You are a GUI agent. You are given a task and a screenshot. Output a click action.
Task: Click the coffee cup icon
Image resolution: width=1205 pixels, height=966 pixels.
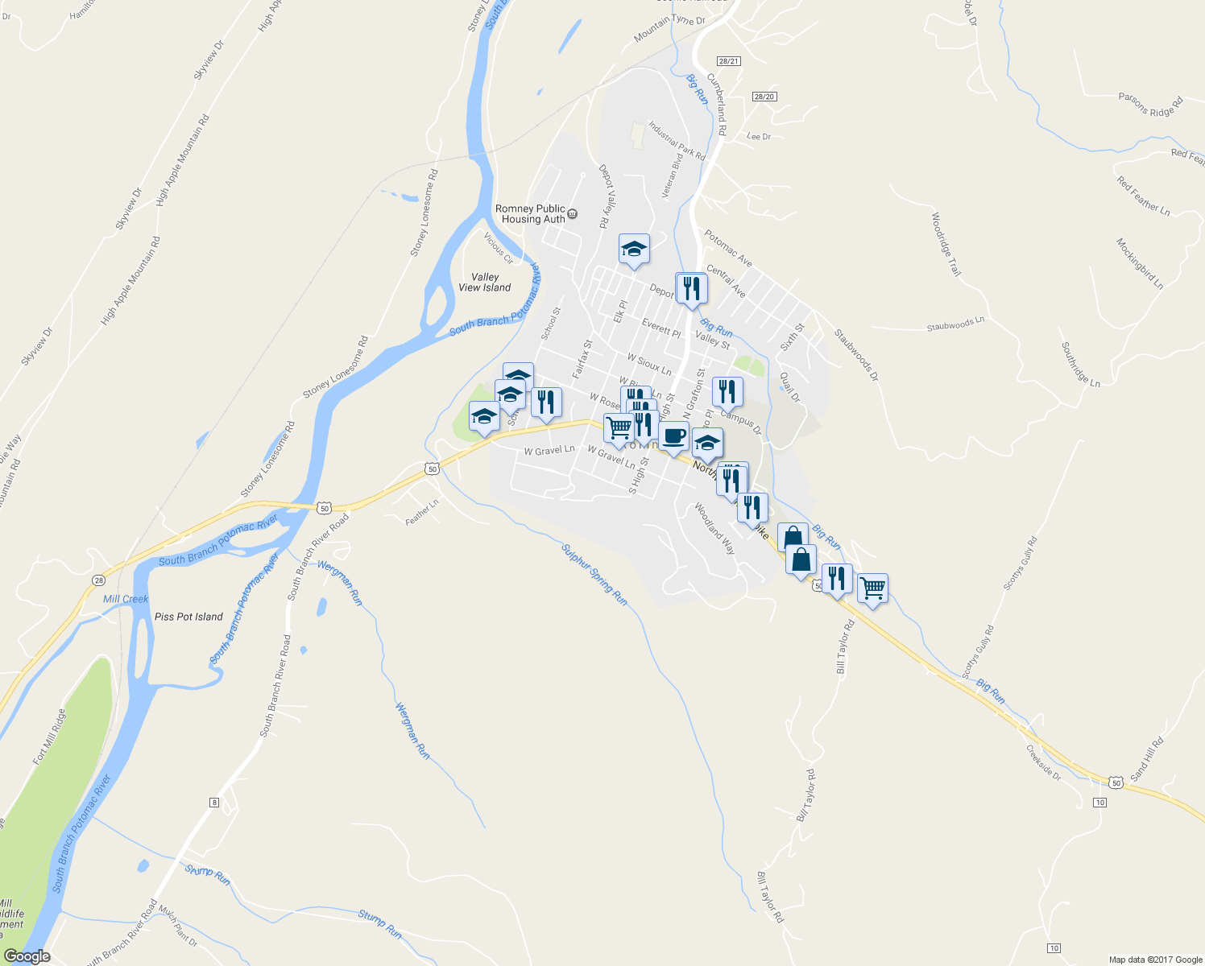673,436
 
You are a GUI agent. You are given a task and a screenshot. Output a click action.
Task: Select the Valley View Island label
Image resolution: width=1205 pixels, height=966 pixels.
484,282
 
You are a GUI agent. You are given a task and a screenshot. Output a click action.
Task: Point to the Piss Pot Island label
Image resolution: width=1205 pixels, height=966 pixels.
188,617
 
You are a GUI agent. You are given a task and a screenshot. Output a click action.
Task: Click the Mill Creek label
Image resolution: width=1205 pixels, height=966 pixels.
126,599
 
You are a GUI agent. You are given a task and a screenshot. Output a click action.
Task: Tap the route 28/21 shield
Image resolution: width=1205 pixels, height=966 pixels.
728,61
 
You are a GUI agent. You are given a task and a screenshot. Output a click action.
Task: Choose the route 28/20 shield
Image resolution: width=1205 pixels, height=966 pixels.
764,97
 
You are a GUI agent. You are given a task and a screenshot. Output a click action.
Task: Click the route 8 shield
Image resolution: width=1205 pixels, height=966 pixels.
213,802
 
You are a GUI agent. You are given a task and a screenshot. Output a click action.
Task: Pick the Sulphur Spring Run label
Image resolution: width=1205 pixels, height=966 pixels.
594,574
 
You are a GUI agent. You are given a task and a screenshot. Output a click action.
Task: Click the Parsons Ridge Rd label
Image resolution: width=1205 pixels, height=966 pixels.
1150,105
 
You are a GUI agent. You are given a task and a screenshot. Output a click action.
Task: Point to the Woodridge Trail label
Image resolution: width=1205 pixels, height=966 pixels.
946,244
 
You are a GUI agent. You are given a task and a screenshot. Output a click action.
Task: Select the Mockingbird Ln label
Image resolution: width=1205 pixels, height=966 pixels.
1139,263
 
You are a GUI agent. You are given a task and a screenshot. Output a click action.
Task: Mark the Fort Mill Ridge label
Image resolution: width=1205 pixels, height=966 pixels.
49,737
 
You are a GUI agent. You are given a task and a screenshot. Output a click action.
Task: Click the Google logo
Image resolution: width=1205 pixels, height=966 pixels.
27,956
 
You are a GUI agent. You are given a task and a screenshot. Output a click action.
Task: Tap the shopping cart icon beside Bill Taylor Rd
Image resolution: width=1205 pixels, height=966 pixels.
872,588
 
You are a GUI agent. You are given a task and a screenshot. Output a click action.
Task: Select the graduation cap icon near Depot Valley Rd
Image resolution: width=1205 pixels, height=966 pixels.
634,249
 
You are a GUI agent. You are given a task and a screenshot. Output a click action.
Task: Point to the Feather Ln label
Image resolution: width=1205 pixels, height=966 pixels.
422,512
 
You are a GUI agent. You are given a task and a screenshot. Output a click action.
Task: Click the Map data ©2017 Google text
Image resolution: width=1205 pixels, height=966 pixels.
1155,960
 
